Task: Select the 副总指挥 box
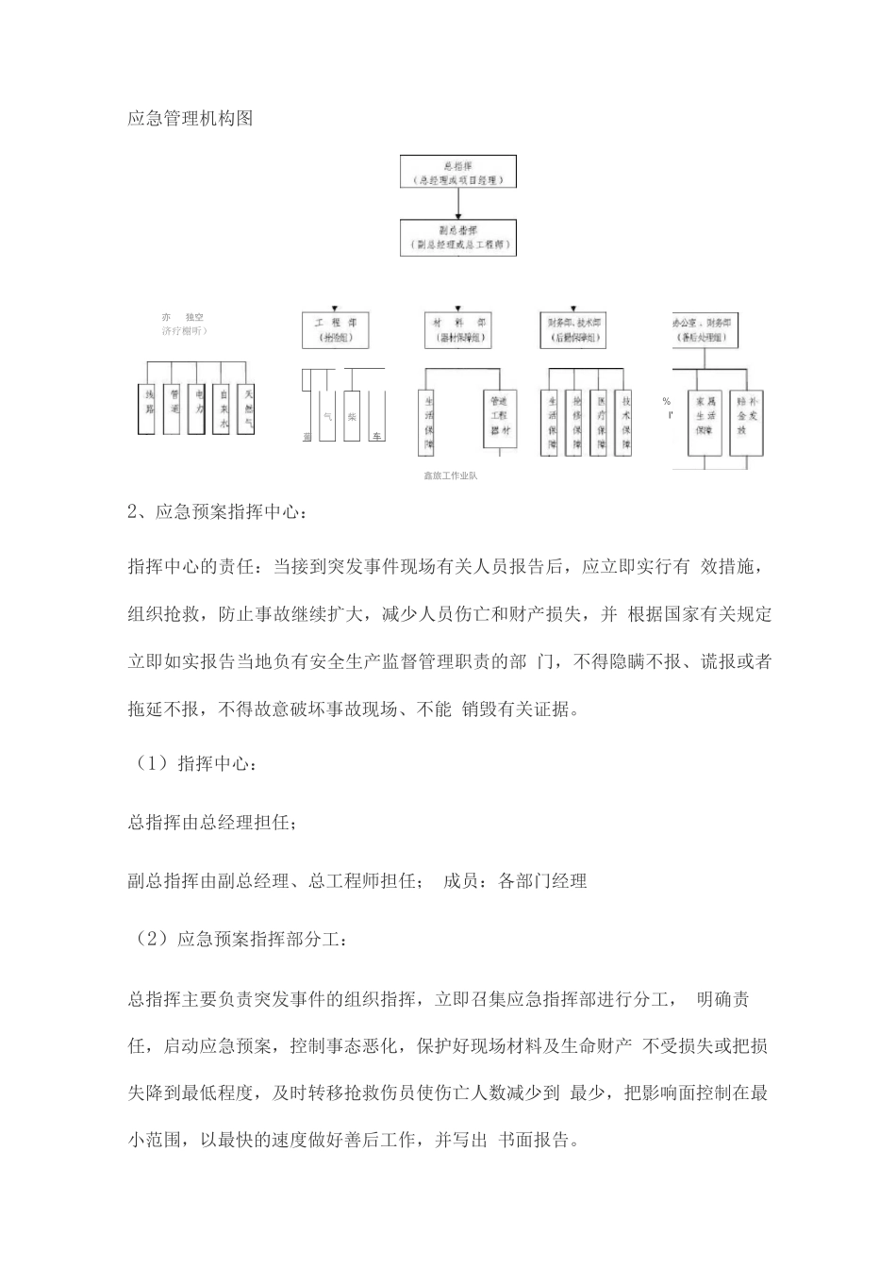coord(457,237)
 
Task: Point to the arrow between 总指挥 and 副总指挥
coord(457,204)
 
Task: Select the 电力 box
coord(196,409)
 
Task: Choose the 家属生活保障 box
coord(703,415)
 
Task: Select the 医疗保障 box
coord(598,423)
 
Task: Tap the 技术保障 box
coord(622,423)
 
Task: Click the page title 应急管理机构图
coord(190,119)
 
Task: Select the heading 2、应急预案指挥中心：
coord(217,512)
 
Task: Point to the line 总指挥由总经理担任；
coord(213,822)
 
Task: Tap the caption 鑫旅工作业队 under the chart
coord(450,475)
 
